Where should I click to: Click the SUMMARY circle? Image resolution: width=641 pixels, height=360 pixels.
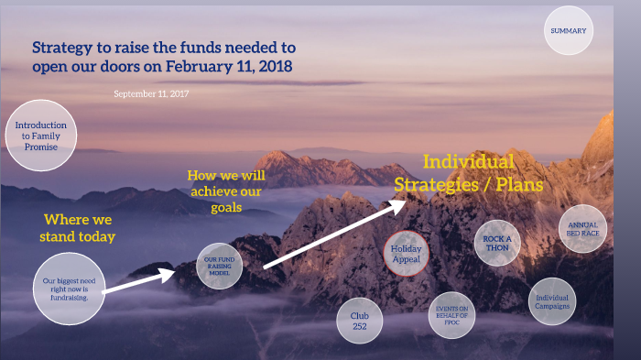pyautogui.click(x=568, y=31)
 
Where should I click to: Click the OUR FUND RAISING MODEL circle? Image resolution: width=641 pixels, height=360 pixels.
pyautogui.click(x=219, y=266)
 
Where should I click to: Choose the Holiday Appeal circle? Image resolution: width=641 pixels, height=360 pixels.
pyautogui.click(x=406, y=253)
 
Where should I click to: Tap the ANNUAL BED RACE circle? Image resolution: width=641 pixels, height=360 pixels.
pyautogui.click(x=582, y=228)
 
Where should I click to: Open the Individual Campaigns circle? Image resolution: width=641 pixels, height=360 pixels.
pyautogui.click(x=553, y=302)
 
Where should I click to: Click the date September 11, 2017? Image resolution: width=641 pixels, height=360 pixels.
pyautogui.click(x=152, y=94)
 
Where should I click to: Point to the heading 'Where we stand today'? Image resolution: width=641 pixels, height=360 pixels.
pyautogui.click(x=79, y=228)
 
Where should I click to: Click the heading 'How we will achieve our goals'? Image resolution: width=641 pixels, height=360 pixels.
pyautogui.click(x=225, y=191)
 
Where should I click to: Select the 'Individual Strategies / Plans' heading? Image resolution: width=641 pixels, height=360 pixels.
pyautogui.click(x=469, y=173)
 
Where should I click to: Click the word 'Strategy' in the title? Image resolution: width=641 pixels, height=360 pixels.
pyautogui.click(x=62, y=48)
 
